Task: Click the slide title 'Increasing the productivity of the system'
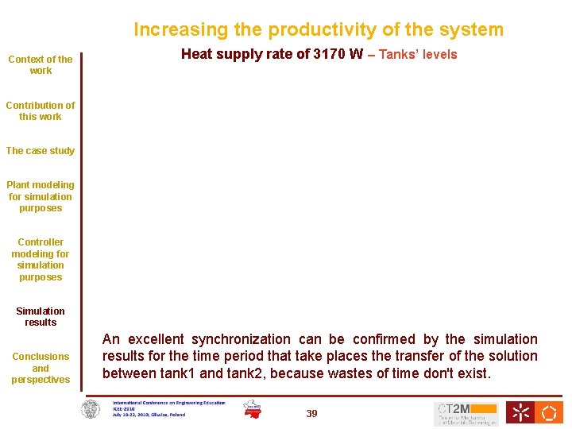pos(318,30)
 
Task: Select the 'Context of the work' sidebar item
pos(41,64)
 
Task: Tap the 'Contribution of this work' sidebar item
pos(41,110)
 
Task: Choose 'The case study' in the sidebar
pos(41,151)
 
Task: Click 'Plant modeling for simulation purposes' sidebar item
pos(41,196)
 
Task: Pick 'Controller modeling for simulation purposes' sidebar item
pos(41,259)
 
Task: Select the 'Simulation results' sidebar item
pos(41,316)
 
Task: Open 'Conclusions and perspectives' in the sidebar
pos(41,368)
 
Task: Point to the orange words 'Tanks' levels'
pos(418,55)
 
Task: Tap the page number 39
pos(311,414)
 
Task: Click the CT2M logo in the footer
pos(466,413)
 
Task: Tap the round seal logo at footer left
pos(91,409)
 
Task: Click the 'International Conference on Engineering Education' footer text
pos(168,403)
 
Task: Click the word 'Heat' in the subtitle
pos(197,55)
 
